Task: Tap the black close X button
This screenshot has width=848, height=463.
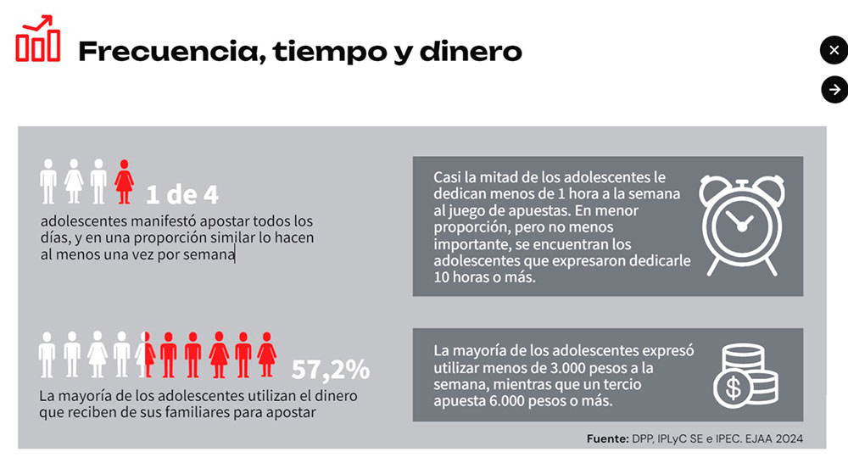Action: pyautogui.click(x=834, y=51)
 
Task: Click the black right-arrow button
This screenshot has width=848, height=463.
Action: pyautogui.click(x=834, y=89)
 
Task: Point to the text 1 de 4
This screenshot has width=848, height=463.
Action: pyautogui.click(x=182, y=194)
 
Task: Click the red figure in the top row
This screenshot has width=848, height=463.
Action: pyautogui.click(x=125, y=181)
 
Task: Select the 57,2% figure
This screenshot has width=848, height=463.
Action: pyautogui.click(x=330, y=370)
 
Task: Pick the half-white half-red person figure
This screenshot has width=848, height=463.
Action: pyautogui.click(x=144, y=354)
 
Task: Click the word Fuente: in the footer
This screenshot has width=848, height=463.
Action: pyautogui.click(x=606, y=438)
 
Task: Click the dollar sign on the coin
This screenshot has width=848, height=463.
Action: pyautogui.click(x=730, y=389)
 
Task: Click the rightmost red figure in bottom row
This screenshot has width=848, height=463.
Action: pyautogui.click(x=267, y=354)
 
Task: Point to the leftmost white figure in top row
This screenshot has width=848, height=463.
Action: pyautogui.click(x=48, y=181)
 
